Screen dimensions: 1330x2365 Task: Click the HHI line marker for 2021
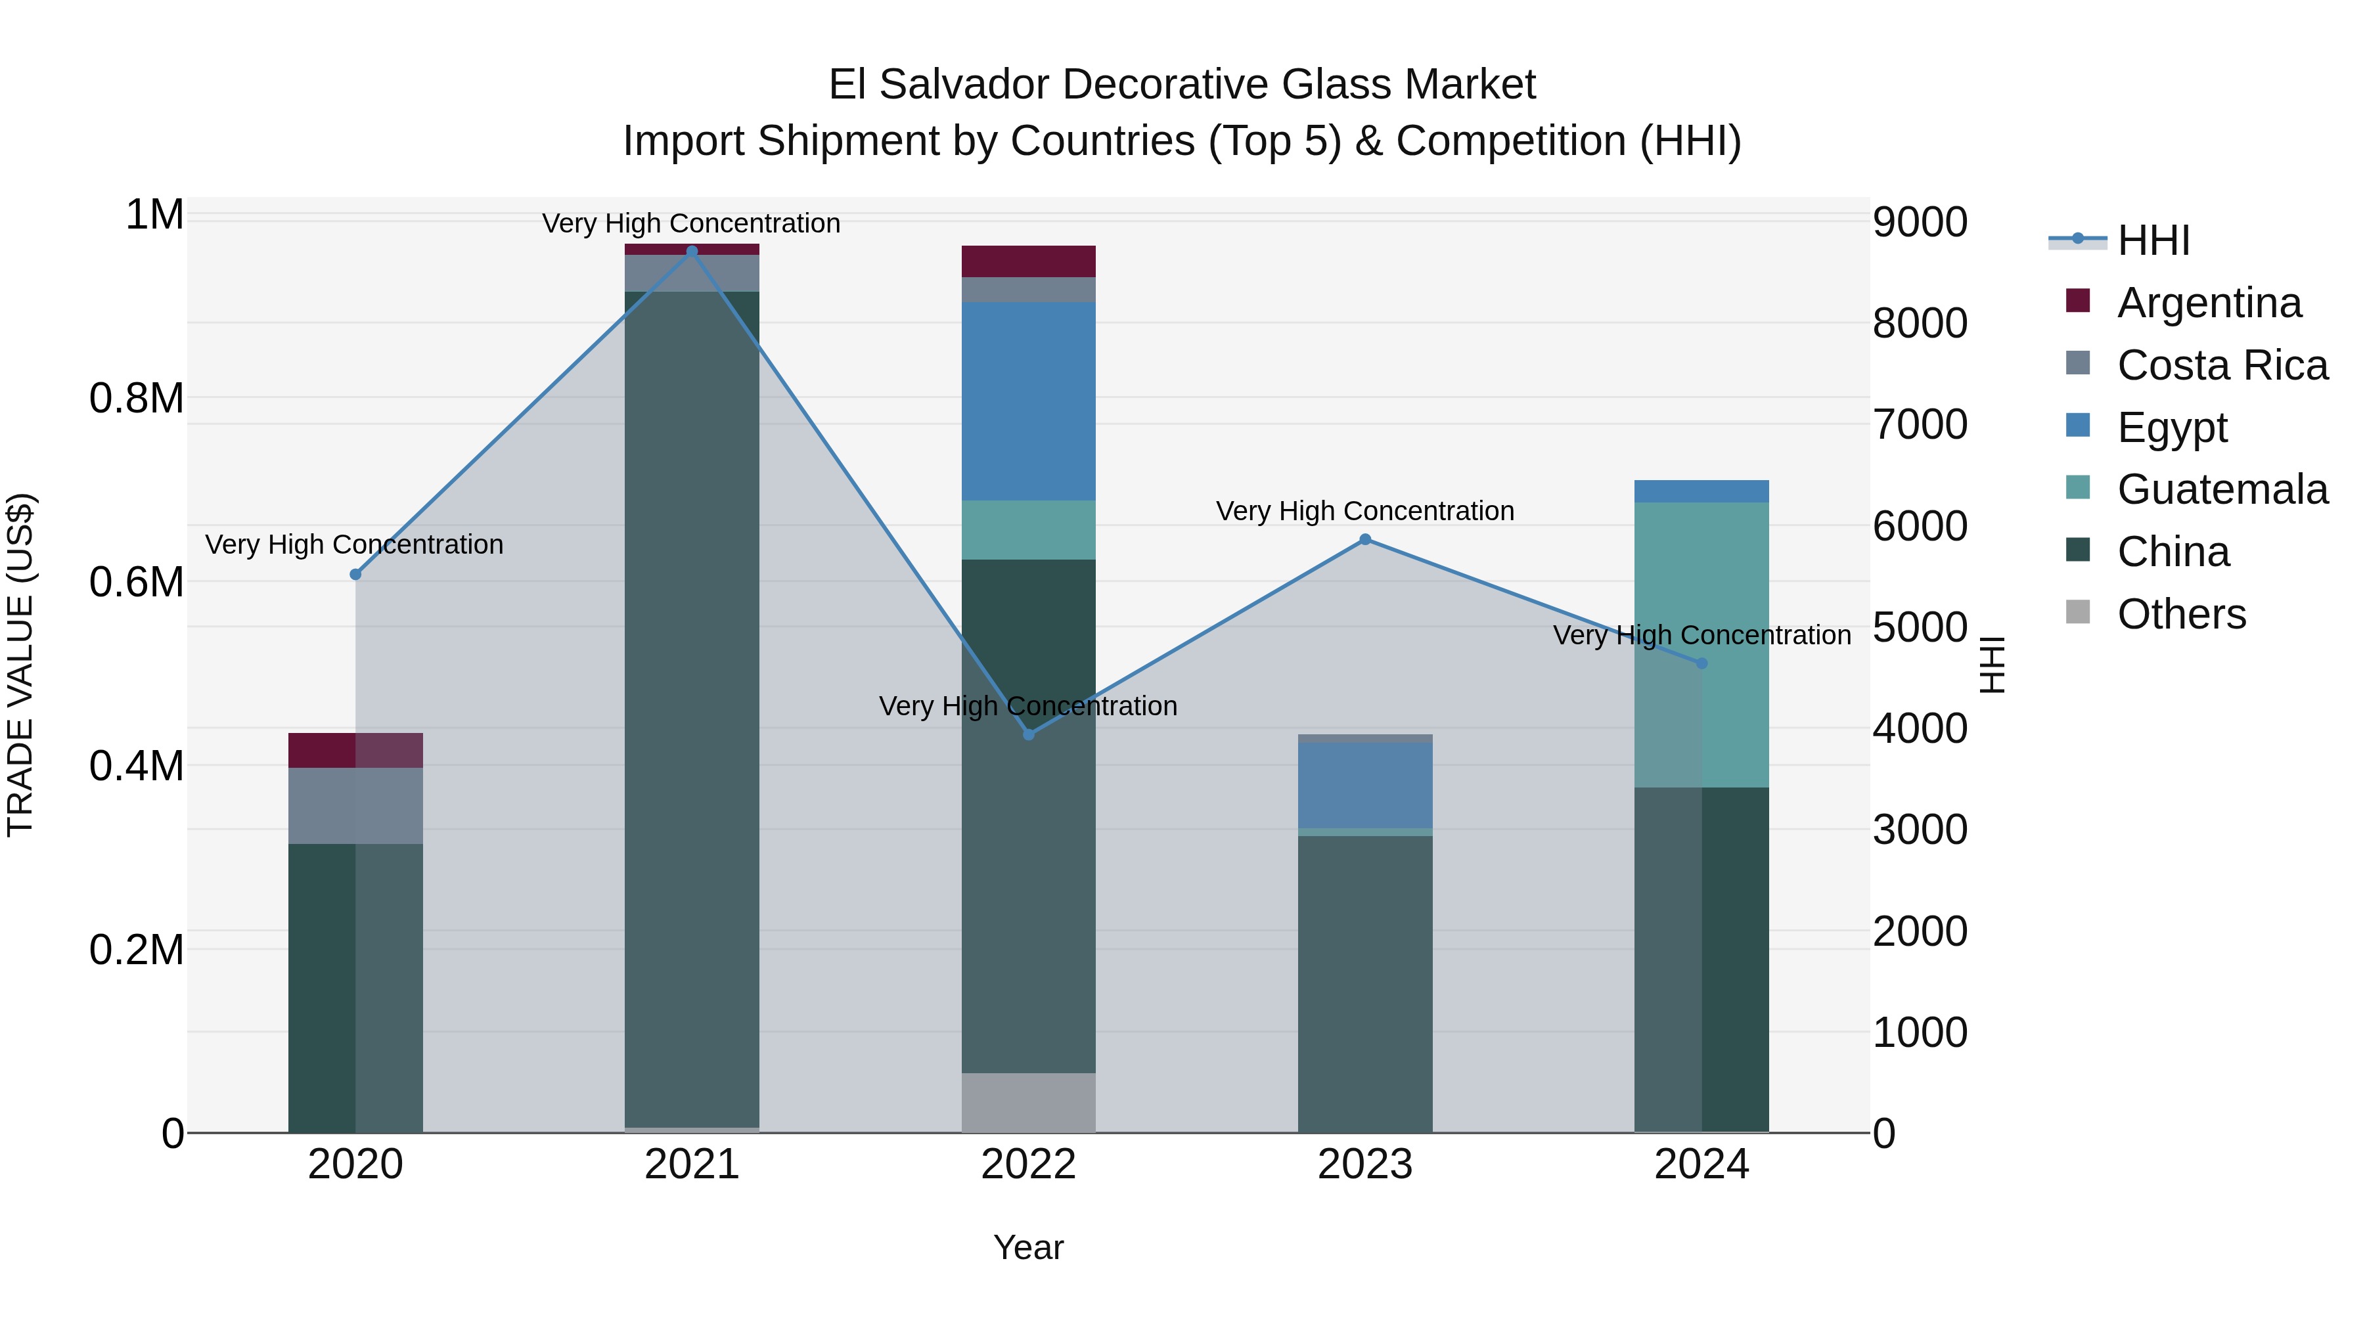692,252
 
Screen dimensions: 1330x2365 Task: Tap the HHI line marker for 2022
1028,734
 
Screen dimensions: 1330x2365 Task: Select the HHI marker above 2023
1365,540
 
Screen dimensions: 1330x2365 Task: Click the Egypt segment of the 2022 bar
1028,401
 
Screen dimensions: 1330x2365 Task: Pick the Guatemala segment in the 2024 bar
1701,642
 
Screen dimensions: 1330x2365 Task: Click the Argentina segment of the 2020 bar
355,750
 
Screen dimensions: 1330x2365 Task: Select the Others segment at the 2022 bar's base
1028,1102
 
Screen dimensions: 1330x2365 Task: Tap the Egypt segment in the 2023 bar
1365,786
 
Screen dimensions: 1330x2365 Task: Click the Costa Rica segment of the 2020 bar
355,805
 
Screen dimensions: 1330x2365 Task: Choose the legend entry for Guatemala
2222,489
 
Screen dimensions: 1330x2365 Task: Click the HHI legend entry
2153,242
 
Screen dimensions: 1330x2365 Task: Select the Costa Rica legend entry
2222,365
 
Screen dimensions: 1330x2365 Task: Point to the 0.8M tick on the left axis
137,399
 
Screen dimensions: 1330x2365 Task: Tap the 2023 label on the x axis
1365,1164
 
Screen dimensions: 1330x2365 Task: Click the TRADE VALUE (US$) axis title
21,665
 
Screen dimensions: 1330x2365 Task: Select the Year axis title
1028,1247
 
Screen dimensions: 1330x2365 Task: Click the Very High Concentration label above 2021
691,223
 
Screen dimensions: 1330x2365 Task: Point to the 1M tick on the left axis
154,215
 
